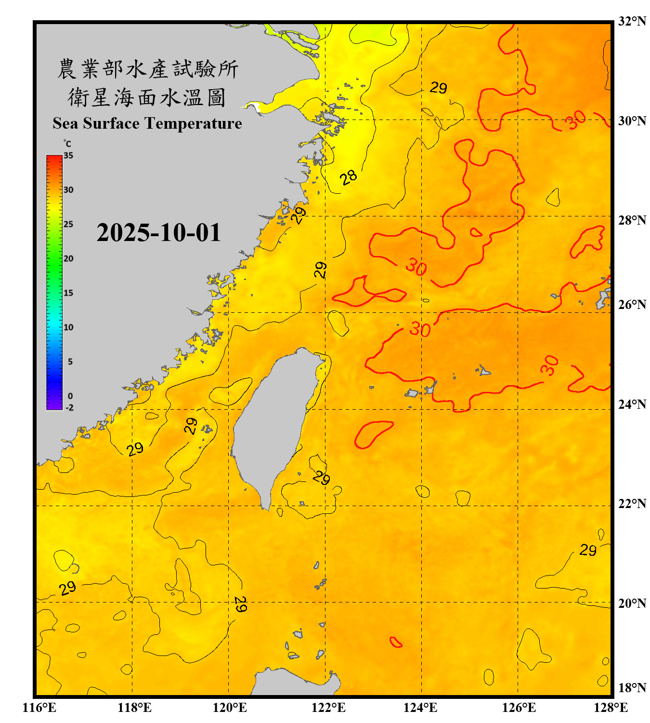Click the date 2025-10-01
[158, 233]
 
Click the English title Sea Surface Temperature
[147, 123]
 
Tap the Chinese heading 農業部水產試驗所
[147, 69]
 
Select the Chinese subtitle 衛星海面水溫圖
[147, 97]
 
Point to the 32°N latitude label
[632, 21]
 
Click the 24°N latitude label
[632, 404]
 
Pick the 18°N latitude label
[632, 688]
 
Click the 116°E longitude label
[39, 708]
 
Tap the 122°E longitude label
[328, 708]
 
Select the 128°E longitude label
[611, 708]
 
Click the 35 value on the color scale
[68, 156]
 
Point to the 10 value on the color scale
[68, 327]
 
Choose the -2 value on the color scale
[69, 407]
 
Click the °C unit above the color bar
[67, 144]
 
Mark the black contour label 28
[348, 177]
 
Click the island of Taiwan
[274, 419]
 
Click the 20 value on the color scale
[68, 259]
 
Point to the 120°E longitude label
[230, 708]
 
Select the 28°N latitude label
[632, 220]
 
